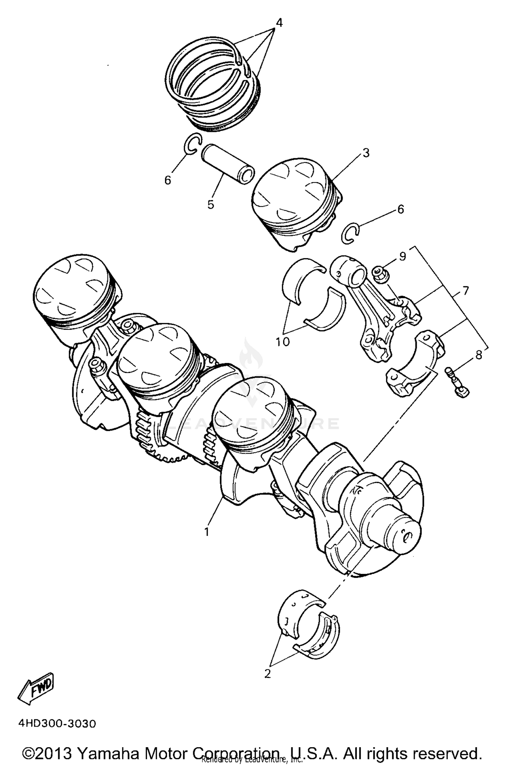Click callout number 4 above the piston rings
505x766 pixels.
click(279, 23)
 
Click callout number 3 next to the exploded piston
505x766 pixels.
click(366, 153)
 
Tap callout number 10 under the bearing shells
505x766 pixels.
click(283, 342)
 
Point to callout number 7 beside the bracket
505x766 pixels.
click(465, 290)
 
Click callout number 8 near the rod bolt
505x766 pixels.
click(479, 355)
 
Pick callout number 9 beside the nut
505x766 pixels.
click(403, 256)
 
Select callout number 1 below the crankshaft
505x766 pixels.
click(207, 532)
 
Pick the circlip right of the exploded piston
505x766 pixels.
click(350, 233)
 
